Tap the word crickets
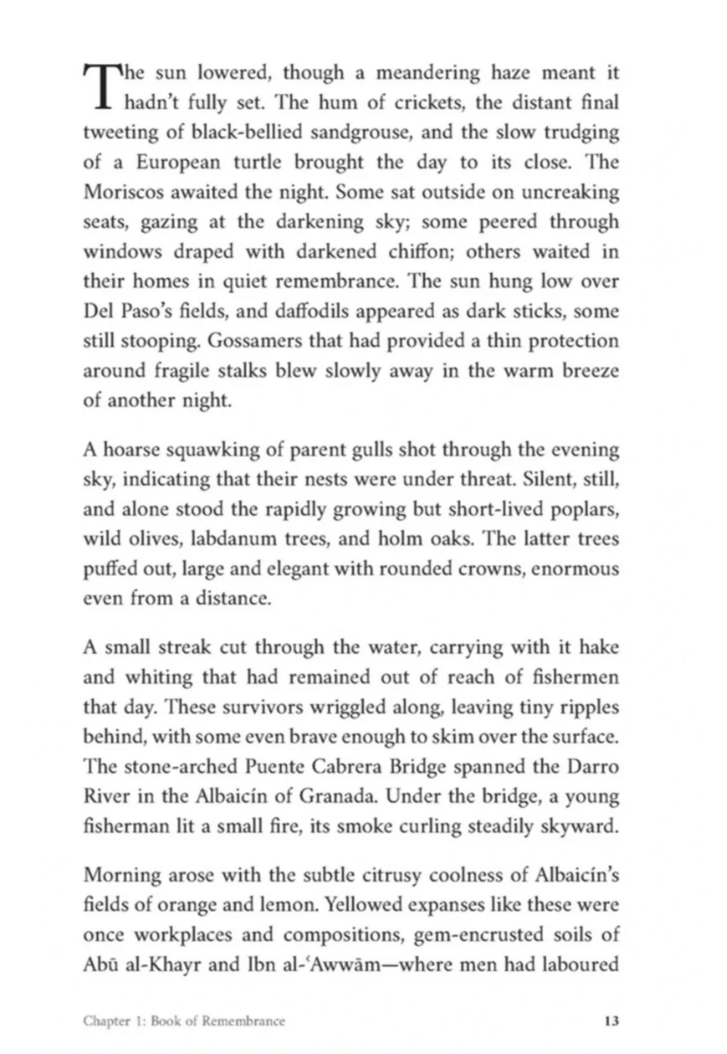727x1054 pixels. click(427, 103)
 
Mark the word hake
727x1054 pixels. click(595, 647)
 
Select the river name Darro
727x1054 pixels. click(590, 767)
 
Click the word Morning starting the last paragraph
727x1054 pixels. click(120, 875)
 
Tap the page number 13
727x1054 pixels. click(611, 1021)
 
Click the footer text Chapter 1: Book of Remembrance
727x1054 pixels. click(184, 1021)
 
